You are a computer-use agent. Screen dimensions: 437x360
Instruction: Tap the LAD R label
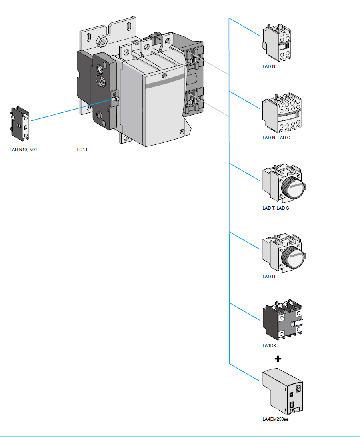[x=268, y=277]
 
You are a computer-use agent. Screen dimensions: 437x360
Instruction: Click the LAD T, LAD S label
[x=275, y=208]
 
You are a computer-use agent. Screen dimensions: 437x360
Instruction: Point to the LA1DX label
[x=269, y=345]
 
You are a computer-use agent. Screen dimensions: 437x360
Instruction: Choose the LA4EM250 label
[x=275, y=419]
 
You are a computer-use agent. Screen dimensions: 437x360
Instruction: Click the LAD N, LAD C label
[x=276, y=138]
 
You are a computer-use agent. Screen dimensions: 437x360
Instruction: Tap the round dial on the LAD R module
[x=293, y=256]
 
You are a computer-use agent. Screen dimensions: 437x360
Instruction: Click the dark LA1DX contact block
[x=282, y=321]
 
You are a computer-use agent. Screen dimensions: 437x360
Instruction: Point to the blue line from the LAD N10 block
[x=68, y=110]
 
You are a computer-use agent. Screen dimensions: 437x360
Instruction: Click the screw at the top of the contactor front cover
[x=164, y=75]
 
